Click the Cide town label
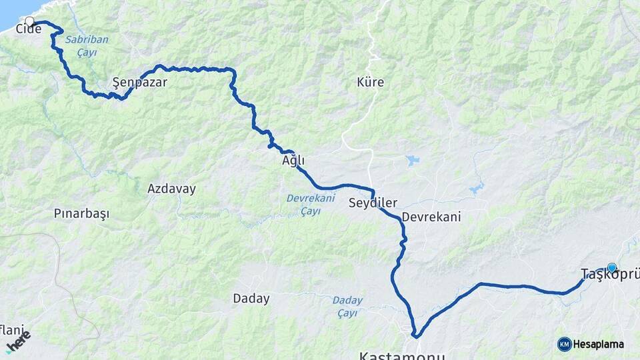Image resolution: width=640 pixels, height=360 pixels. pyautogui.click(x=29, y=29)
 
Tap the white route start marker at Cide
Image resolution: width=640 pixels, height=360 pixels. pyautogui.click(x=29, y=21)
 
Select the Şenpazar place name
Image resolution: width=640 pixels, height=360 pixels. pyautogui.click(x=139, y=83)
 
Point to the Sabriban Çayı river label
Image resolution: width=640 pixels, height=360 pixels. pyautogui.click(x=86, y=46)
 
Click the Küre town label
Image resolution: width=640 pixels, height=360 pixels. pyautogui.click(x=370, y=83)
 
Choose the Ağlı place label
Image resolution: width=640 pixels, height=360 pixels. pyautogui.click(x=293, y=161)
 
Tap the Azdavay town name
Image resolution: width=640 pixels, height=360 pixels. pyautogui.click(x=171, y=189)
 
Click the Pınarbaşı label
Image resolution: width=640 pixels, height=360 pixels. pyautogui.click(x=81, y=214)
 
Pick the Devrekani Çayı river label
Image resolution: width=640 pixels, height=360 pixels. pyautogui.click(x=309, y=204)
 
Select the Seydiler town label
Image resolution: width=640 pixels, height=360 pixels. pyautogui.click(x=373, y=203)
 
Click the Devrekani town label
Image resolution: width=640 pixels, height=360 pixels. pyautogui.click(x=431, y=217)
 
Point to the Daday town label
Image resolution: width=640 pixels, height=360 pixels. pyautogui.click(x=251, y=299)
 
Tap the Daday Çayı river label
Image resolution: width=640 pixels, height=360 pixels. pyautogui.click(x=347, y=306)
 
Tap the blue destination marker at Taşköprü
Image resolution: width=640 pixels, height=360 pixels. pyautogui.click(x=612, y=267)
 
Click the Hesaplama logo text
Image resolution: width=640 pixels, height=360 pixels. pyautogui.click(x=599, y=345)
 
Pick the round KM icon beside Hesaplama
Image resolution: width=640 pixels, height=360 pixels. pyautogui.click(x=565, y=344)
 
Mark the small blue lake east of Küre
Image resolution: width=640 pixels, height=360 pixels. pyautogui.click(x=411, y=161)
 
